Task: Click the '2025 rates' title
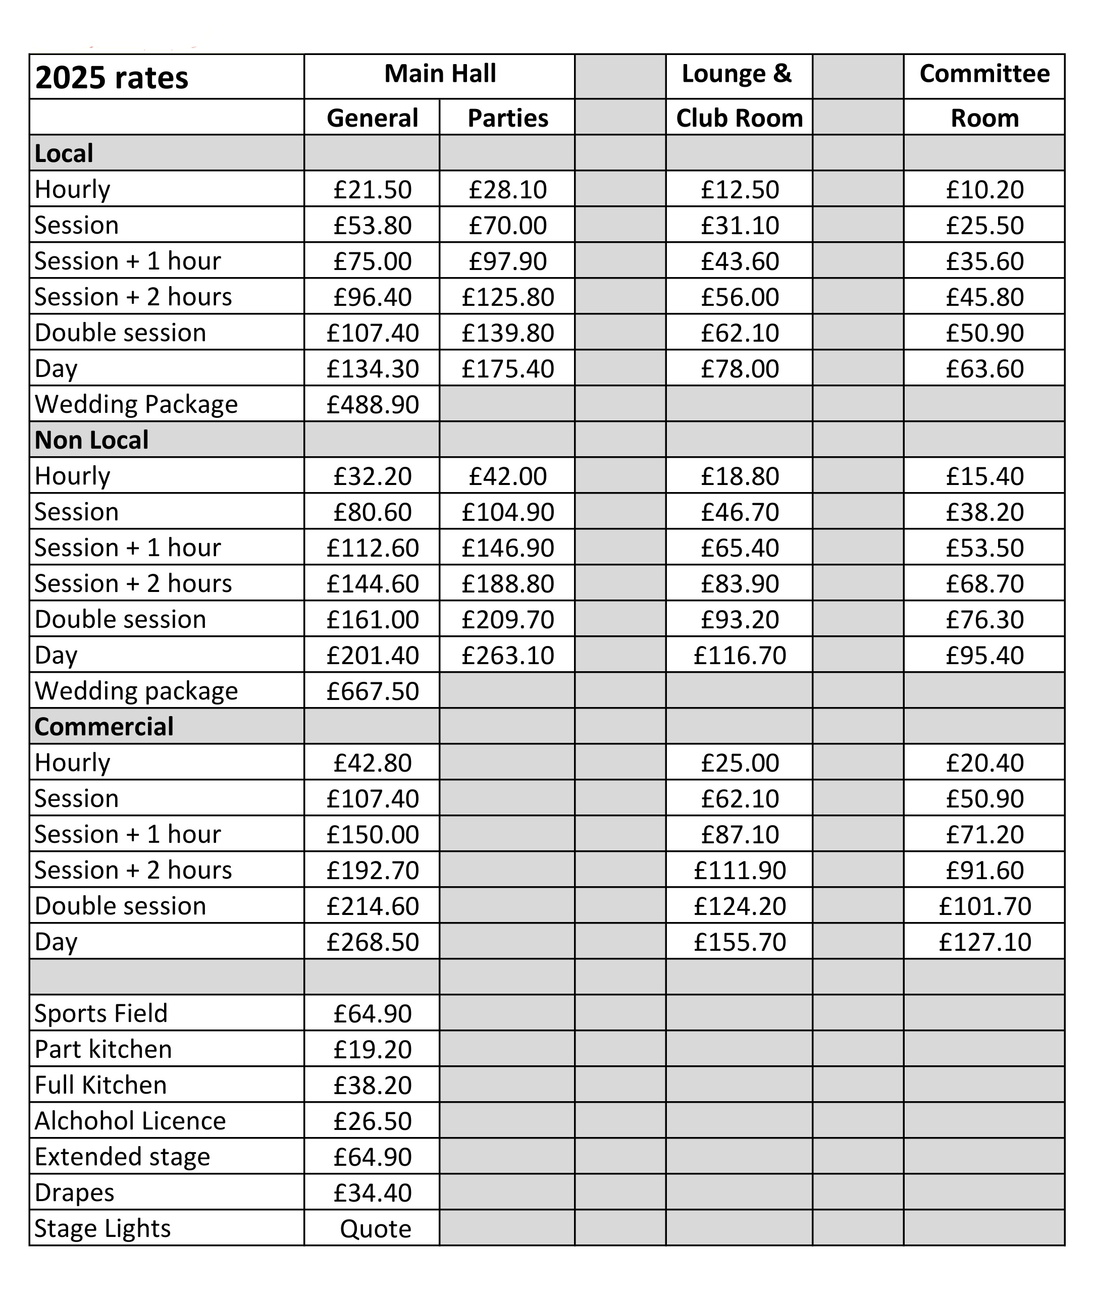pyautogui.click(x=112, y=78)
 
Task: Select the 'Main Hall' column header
pyautogui.click(x=440, y=74)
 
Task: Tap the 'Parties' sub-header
pyautogui.click(x=507, y=118)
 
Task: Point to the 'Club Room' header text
pyautogui.click(x=739, y=118)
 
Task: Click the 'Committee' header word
pyautogui.click(x=984, y=74)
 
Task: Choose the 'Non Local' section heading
pyautogui.click(x=92, y=440)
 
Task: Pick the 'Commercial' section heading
pyautogui.click(x=104, y=727)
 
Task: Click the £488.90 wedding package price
pyautogui.click(x=372, y=404)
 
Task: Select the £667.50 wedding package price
pyautogui.click(x=372, y=691)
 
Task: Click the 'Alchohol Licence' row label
pyautogui.click(x=130, y=1120)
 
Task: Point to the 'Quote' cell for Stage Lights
pyautogui.click(x=375, y=1228)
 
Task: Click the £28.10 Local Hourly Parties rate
pyautogui.click(x=507, y=190)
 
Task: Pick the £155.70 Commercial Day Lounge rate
pyautogui.click(x=739, y=942)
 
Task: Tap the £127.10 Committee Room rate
pyautogui.click(x=984, y=942)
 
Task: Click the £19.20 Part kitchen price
pyautogui.click(x=372, y=1049)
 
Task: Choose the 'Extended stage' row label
pyautogui.click(x=122, y=1156)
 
